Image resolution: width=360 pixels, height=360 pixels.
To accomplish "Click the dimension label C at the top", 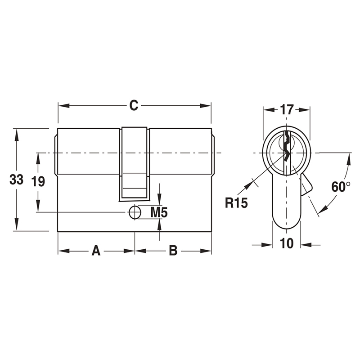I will pos(133,105).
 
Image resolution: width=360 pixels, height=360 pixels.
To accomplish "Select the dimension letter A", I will pos(96,251).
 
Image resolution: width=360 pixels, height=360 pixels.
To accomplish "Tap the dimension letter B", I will pos(173,251).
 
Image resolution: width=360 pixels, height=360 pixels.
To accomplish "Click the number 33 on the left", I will pos(17,180).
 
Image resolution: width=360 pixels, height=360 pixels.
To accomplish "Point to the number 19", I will pos(38,182).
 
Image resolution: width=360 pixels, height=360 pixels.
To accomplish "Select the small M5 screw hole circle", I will pos(134,212).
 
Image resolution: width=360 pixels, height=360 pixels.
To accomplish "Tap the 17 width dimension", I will pos(287,109).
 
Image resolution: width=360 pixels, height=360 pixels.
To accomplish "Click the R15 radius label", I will pos(236,203).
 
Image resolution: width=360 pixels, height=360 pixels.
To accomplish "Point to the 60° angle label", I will pos(341,187).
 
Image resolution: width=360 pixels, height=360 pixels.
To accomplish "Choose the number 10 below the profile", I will pos(287,243).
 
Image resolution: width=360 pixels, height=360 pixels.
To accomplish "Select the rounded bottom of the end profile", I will pos(286,225).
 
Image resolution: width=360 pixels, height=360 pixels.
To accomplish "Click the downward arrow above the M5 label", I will pos(160,200).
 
